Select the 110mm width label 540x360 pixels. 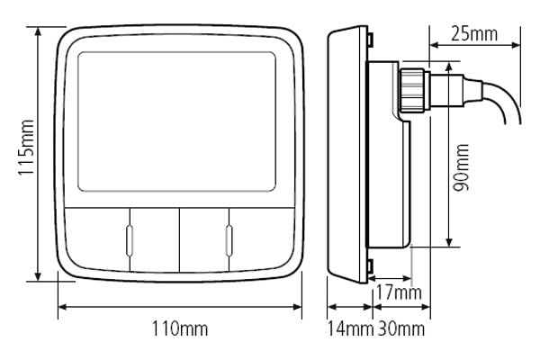pos(181,330)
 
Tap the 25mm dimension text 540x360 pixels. pos(473,35)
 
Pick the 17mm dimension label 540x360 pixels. pos(397,292)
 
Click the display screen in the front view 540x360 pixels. pos(176,122)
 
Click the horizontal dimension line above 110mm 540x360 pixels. pos(180,308)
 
